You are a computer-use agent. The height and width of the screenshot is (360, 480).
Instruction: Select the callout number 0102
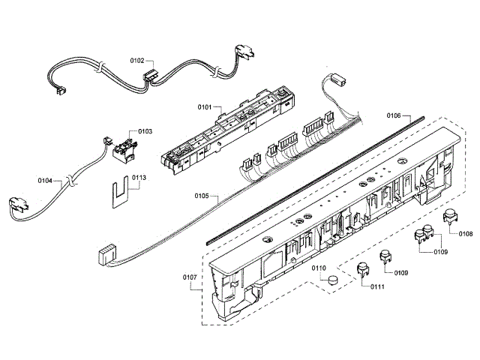pos(138,60)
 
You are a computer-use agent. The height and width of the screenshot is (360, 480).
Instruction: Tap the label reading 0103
pos(145,131)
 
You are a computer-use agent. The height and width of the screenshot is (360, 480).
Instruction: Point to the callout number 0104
pos(46,180)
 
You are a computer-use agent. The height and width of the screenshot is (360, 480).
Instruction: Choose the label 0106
pos(394,115)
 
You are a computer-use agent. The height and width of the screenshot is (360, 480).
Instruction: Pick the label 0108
pos(466,234)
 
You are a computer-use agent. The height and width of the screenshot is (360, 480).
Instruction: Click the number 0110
pos(319,268)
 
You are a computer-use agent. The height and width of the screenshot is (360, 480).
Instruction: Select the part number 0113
pos(139,178)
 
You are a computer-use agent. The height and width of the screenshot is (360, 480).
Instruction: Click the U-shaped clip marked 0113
pos(117,191)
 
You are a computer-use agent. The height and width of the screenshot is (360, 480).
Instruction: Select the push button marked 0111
pos(362,270)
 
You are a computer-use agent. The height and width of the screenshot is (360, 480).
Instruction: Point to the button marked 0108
pos(451,219)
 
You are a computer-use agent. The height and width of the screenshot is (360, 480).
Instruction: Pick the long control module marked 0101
pos(225,131)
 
